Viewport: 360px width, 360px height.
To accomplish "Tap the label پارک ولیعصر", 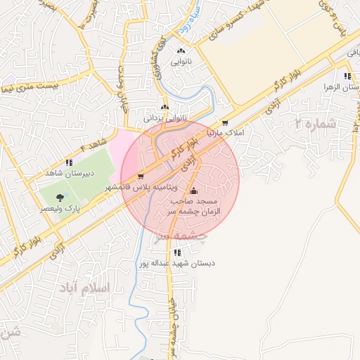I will (x=58, y=210).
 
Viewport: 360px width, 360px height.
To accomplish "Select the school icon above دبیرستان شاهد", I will (x=68, y=163).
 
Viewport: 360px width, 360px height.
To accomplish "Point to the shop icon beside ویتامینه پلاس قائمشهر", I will (x=141, y=176).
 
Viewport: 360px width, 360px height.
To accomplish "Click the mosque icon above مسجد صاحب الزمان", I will (x=194, y=191).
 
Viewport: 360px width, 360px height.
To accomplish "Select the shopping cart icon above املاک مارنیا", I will (x=225, y=123).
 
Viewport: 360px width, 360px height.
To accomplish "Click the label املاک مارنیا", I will (x=227, y=133).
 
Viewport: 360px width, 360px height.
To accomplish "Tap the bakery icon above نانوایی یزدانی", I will (x=165, y=108).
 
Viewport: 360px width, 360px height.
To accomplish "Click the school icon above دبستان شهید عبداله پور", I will (x=176, y=252).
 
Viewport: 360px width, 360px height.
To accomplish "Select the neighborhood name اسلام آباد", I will (x=91, y=288).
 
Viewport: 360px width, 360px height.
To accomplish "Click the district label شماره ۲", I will (x=316, y=124).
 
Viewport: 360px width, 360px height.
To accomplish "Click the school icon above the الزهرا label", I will (x=347, y=76).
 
